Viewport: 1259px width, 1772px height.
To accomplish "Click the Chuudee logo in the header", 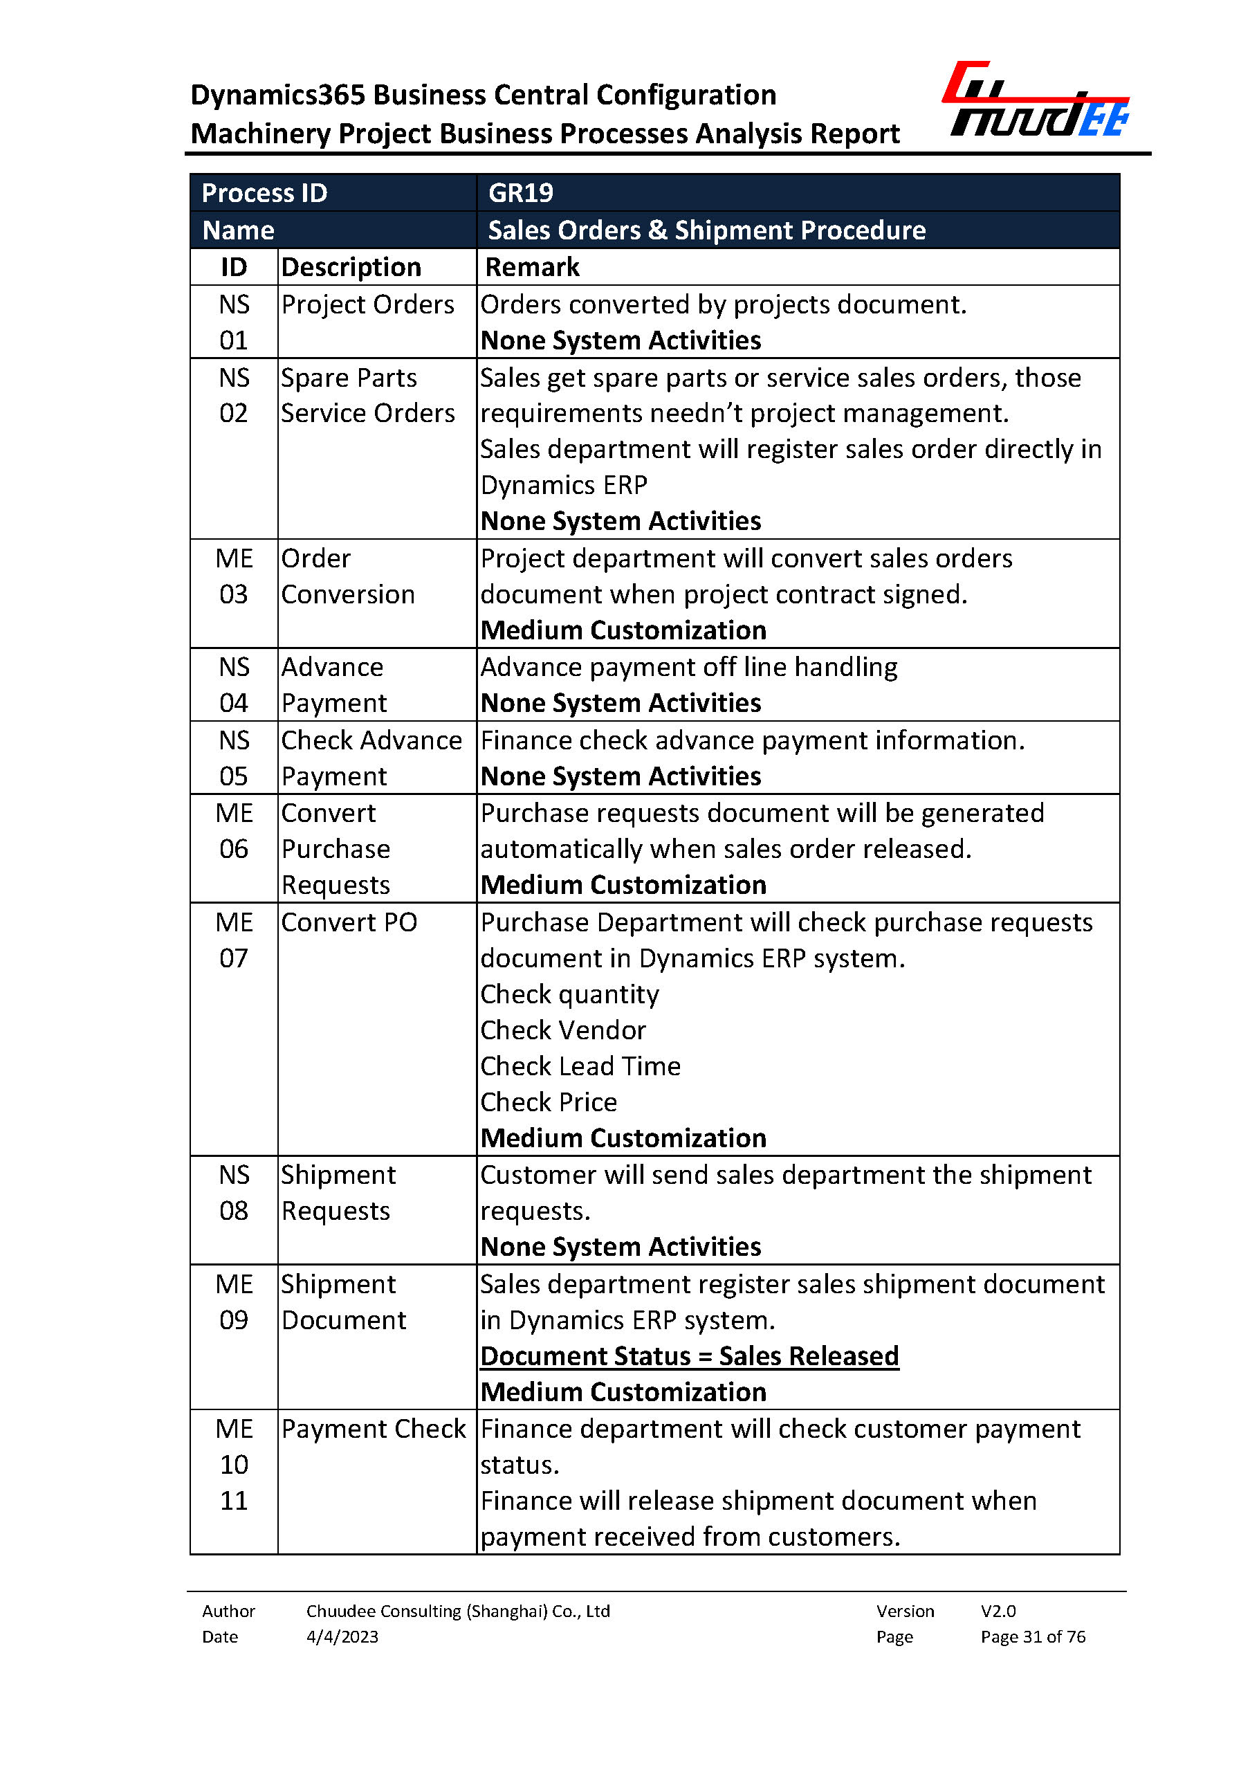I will click(1036, 101).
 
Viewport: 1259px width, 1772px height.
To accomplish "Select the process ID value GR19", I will click(520, 192).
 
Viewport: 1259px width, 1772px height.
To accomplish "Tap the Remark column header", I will click(532, 267).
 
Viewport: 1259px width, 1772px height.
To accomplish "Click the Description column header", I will click(351, 267).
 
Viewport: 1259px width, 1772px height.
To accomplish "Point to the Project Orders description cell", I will click(367, 304).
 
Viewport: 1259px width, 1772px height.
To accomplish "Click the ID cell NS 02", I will click(233, 396).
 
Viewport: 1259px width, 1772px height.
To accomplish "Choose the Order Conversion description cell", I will click(348, 576).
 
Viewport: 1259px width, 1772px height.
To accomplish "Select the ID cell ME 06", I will click(233, 830).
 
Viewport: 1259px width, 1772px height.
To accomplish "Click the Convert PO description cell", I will click(349, 922).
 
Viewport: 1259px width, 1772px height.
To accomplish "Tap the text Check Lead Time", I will click(580, 1066).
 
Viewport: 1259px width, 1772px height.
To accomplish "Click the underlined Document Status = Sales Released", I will click(689, 1355).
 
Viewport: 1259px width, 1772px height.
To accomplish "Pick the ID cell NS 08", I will click(233, 1193).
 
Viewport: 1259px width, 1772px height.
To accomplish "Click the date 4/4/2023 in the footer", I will click(342, 1636).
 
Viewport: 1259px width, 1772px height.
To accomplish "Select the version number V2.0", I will click(998, 1611).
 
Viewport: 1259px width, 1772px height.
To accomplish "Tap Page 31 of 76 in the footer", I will click(1033, 1636).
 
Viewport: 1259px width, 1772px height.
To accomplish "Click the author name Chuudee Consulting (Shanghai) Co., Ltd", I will click(458, 1611).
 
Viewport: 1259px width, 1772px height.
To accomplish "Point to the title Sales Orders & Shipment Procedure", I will click(706, 230).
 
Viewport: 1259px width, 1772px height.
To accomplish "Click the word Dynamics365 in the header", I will click(277, 95).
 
